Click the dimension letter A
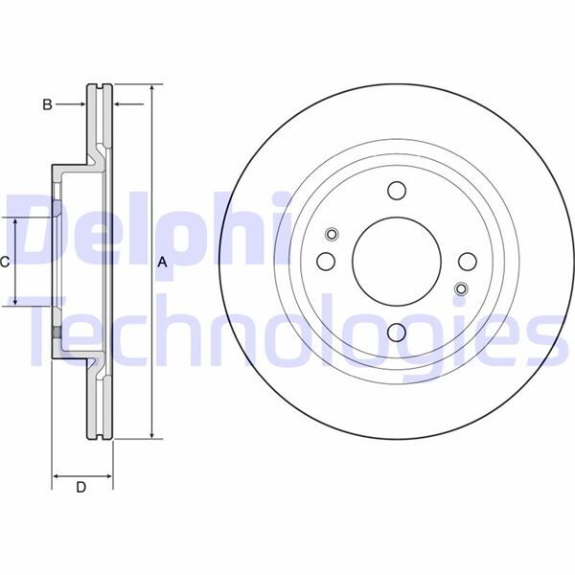[x=162, y=262]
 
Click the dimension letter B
[x=46, y=103]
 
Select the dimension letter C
[x=5, y=262]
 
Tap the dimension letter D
[x=81, y=487]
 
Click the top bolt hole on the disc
[x=397, y=190]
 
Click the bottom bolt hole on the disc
[x=397, y=333]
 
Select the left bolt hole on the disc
[x=325, y=261]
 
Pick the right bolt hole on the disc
[x=468, y=261]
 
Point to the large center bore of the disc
[x=397, y=261]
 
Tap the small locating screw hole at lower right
[x=460, y=288]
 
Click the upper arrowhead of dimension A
[x=151, y=89]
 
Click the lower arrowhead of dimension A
[x=151, y=434]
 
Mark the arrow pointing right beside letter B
[x=81, y=103]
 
